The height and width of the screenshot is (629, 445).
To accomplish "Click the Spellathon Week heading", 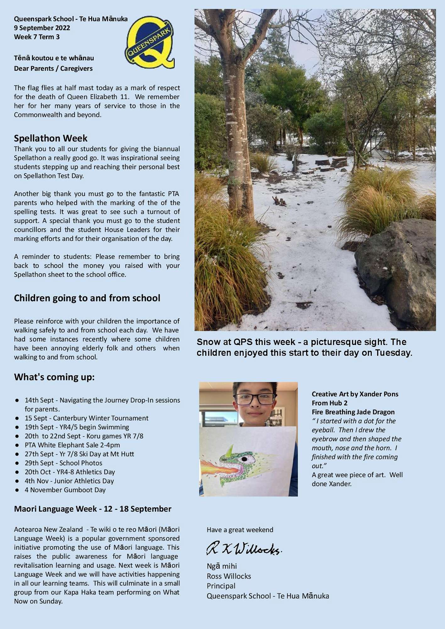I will point(51,138).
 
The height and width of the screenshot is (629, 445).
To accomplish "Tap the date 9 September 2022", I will point(42,28).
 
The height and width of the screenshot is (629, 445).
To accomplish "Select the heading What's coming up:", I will point(54,377).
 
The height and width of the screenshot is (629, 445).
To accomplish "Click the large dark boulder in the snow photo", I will point(398,270).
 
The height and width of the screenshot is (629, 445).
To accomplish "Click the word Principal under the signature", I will point(221,586).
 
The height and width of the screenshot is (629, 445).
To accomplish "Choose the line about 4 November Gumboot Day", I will point(65,490).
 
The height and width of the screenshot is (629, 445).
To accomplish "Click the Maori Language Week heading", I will point(92,509).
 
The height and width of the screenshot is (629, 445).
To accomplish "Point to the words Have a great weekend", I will point(240,530).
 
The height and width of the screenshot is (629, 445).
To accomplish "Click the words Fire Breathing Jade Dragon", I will point(353,412).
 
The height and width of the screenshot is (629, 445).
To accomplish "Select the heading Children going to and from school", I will point(87,298).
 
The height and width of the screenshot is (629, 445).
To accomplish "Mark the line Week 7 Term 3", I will point(37,37).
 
